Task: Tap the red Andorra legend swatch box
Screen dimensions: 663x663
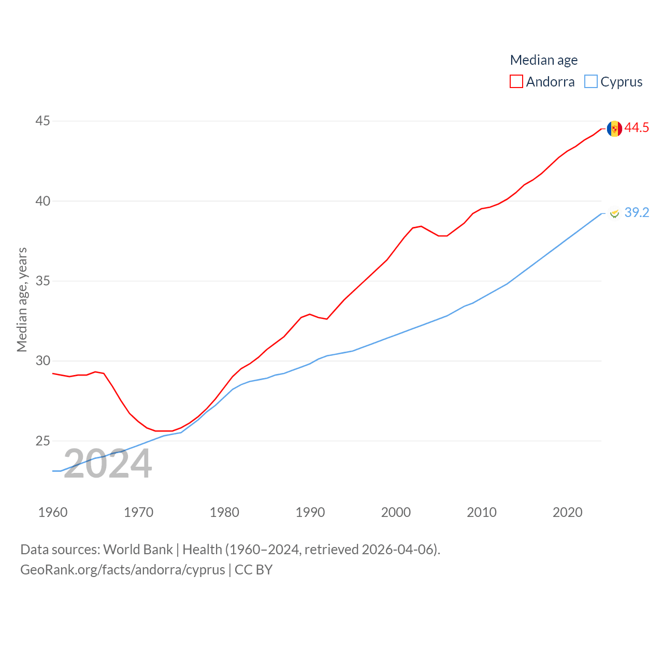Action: [516, 81]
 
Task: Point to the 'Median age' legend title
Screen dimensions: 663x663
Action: [543, 60]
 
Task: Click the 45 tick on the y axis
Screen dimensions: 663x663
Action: [42, 121]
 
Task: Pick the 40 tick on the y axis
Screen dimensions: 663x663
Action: [42, 201]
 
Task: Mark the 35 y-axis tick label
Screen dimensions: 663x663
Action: [42, 281]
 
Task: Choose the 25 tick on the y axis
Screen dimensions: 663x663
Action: [42, 441]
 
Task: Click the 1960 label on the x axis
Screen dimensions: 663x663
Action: [53, 512]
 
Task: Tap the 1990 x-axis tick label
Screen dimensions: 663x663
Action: [310, 512]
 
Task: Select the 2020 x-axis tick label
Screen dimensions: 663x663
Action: [567, 512]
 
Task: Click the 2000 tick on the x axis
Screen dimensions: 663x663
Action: [396, 512]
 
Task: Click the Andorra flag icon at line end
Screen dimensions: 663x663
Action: [614, 128]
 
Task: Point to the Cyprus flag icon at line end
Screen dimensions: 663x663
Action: [614, 213]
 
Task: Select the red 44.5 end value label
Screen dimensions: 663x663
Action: [637, 127]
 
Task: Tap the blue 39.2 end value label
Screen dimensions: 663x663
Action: [637, 212]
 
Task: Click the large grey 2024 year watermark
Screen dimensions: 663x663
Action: [108, 464]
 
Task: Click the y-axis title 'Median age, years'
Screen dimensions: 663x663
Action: [22, 299]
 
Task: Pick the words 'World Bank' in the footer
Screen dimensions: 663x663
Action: [138, 549]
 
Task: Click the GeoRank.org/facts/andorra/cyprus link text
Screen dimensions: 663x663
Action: [123, 570]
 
